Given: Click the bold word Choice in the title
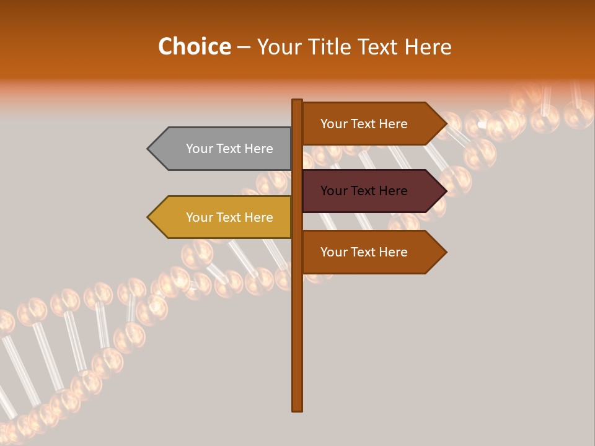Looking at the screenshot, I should click(x=194, y=47).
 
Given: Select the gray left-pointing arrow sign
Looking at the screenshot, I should click(x=223, y=149).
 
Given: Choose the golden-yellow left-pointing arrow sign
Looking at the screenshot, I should click(x=223, y=217).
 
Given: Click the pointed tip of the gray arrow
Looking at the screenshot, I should click(x=149, y=149).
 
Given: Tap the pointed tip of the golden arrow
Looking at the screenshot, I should click(x=149, y=217).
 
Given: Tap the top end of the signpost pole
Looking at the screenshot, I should click(x=297, y=101).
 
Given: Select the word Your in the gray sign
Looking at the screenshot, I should click(x=199, y=149).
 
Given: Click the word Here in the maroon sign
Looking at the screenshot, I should click(x=392, y=191).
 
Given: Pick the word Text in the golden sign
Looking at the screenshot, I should click(x=229, y=217).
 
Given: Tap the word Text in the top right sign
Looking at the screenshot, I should click(x=364, y=124).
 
